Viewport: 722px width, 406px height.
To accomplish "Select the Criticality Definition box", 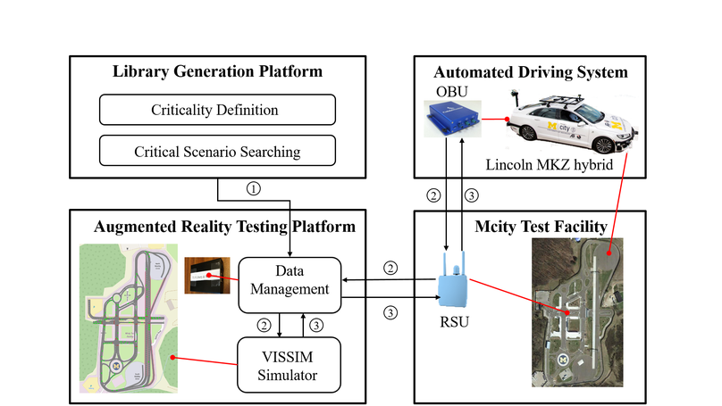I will click(216, 111).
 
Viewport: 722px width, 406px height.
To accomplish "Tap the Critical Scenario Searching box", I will click(216, 151).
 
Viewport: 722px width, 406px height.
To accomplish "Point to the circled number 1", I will click(256, 188).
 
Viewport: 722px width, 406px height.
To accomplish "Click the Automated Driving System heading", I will click(531, 71).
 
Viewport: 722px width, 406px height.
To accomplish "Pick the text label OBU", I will click(447, 91).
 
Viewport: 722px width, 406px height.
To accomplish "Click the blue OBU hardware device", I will click(453, 121).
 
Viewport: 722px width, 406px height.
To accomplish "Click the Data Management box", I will click(290, 285).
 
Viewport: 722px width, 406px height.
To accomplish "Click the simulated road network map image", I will click(128, 317).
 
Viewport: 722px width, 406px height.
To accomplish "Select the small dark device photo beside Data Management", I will click(207, 278).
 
